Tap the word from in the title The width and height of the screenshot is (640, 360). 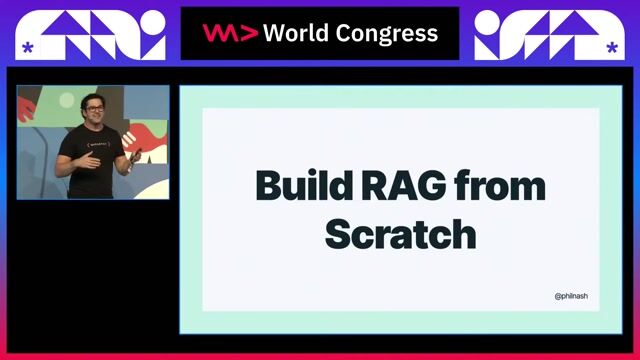tap(503, 187)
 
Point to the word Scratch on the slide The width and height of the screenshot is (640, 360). tap(400, 233)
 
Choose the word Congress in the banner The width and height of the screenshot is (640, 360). tap(388, 34)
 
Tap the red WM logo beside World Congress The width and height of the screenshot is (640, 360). tap(230, 33)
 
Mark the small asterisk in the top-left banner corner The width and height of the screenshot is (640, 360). tap(27, 47)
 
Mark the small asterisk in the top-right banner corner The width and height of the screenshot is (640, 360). tap(611, 47)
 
